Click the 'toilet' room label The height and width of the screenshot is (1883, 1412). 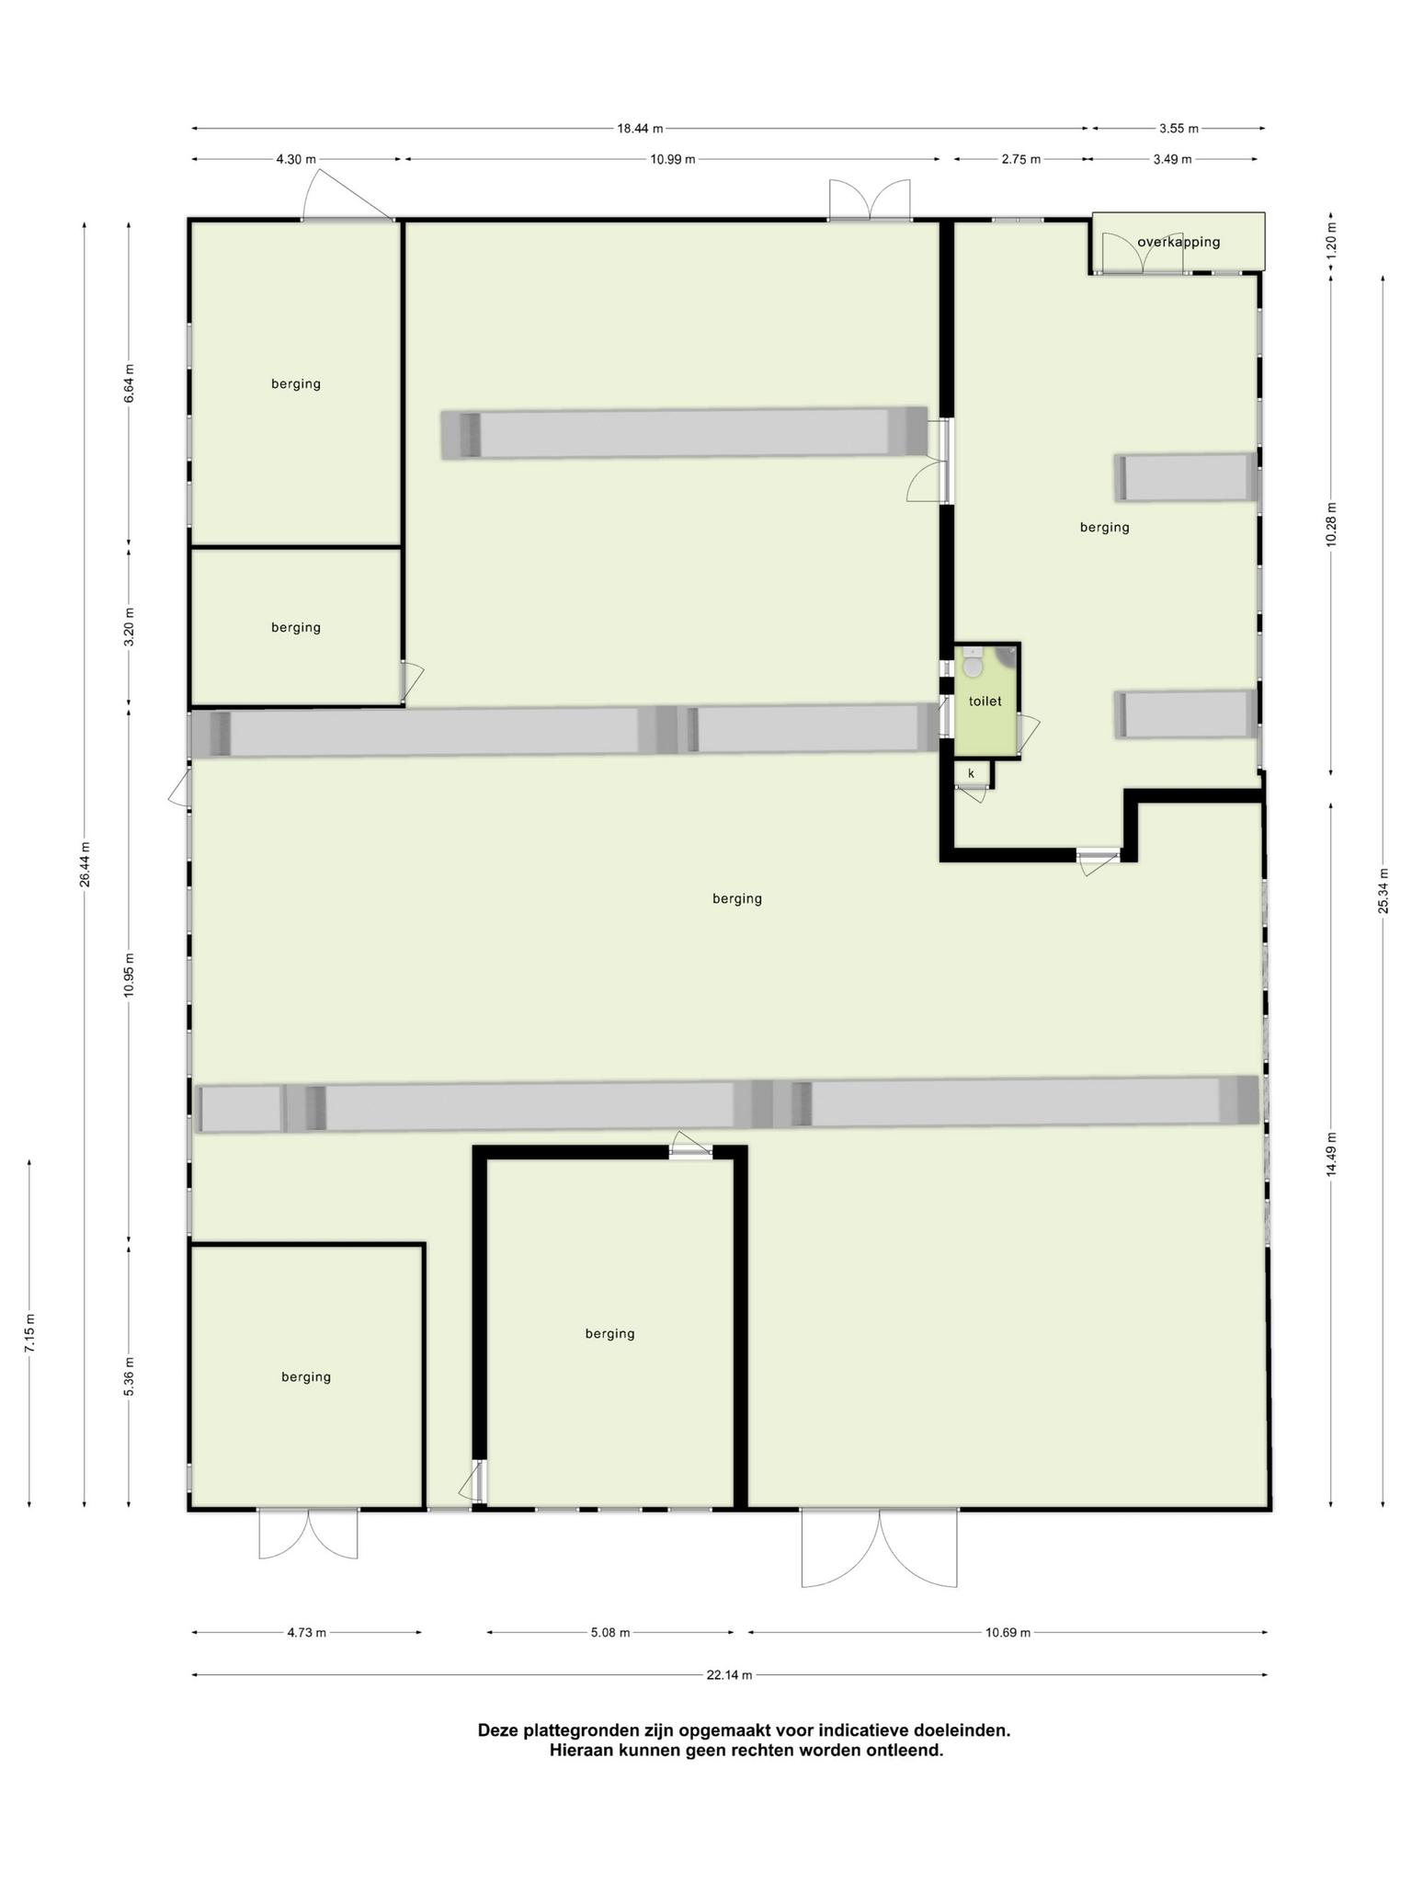coord(985,702)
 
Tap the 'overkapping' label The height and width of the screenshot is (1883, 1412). coord(1179,243)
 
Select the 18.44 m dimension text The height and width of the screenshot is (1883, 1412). coord(640,129)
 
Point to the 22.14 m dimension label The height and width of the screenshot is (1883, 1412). coord(729,1675)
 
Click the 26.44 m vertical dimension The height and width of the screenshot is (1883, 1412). coord(85,864)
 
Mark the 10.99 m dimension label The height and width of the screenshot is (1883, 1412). coord(672,159)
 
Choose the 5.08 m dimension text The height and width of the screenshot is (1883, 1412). coord(610,1633)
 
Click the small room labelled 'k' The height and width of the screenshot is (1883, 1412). coord(971,774)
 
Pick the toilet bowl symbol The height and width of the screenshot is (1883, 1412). coord(973,664)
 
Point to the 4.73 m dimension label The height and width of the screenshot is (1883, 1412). coord(307,1633)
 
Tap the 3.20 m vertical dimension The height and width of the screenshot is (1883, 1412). coord(129,627)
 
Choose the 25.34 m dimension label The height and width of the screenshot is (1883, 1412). coord(1383,892)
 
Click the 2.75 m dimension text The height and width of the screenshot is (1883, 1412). coord(1021,159)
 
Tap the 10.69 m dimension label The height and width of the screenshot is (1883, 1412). coord(1008,1633)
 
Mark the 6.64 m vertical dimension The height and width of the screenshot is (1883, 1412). coord(129,383)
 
